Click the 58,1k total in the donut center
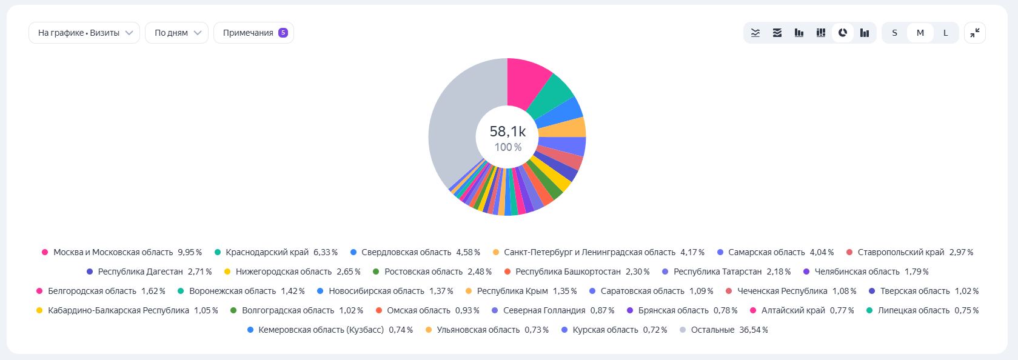[507, 132]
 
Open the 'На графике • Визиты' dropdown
[84, 33]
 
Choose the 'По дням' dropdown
[176, 33]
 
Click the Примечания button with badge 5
[253, 33]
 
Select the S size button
[894, 33]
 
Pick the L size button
[945, 33]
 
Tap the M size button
[920, 33]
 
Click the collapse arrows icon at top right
[975, 33]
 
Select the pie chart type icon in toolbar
[843, 33]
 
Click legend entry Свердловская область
[406, 252]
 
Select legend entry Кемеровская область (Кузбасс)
[321, 330]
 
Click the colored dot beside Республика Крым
[469, 291]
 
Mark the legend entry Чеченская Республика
[782, 291]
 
